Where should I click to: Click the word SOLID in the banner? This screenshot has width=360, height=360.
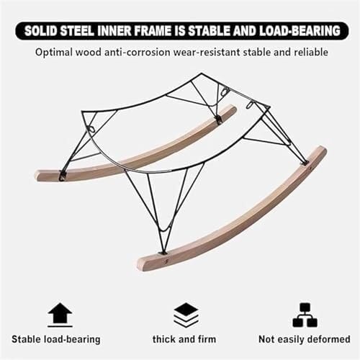(40, 31)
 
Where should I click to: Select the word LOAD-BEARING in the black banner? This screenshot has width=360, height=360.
(300, 31)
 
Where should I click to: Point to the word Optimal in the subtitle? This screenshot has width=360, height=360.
(53, 53)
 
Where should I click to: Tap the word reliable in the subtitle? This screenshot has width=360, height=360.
(311, 53)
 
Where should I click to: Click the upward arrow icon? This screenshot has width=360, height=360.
(60, 315)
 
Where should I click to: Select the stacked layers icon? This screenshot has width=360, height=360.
(186, 315)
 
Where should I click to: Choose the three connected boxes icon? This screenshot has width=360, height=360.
(305, 315)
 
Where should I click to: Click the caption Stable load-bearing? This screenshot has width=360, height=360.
(56, 340)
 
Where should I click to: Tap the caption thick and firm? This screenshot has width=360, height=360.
(184, 339)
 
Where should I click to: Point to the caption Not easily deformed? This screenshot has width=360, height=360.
(305, 340)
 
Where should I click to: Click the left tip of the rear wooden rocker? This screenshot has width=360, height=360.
(37, 175)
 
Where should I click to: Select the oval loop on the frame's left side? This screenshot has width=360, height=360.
(92, 129)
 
